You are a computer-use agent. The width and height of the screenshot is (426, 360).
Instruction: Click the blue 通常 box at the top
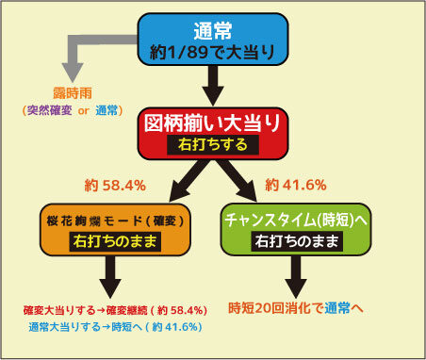point(213,40)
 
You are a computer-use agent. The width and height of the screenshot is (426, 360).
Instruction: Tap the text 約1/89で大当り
point(213,52)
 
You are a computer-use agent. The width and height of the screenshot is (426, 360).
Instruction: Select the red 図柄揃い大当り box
point(213,134)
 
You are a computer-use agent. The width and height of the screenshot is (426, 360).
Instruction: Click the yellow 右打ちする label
point(213,145)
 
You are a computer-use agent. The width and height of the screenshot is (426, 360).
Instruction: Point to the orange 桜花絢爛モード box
point(115,230)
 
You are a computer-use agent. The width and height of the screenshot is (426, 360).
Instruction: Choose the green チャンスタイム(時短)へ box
point(296,230)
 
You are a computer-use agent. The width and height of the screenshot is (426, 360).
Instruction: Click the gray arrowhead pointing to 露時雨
point(73,73)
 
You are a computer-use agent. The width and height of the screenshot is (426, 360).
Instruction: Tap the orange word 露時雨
point(73,93)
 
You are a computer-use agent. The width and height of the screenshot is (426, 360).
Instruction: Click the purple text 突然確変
point(50,110)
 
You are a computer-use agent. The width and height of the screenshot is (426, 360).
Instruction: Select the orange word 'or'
point(84,110)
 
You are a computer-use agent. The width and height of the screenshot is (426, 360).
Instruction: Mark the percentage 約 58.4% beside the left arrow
point(115,186)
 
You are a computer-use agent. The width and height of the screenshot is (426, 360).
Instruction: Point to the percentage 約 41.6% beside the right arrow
point(296,185)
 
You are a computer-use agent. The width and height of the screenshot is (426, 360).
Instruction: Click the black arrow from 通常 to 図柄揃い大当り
point(213,86)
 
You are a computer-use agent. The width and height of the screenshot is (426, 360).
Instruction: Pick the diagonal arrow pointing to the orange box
point(189,180)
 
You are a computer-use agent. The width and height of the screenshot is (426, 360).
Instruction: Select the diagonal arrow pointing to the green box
point(237,180)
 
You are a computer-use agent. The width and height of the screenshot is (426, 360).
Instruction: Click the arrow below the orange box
point(110,277)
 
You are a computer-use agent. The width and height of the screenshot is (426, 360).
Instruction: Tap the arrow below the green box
point(296,277)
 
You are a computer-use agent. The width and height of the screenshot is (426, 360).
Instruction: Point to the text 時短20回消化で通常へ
point(296,308)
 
